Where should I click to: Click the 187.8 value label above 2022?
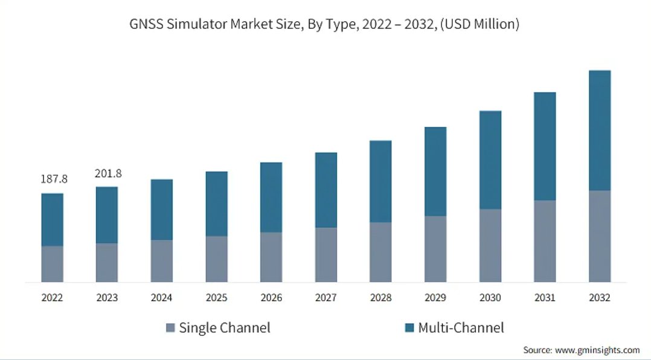54,179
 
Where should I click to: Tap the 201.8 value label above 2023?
108,173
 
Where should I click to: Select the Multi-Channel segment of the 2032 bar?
600,130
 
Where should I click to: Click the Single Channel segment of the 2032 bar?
600,236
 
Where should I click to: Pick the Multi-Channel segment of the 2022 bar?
53,220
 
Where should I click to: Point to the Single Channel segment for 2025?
216,260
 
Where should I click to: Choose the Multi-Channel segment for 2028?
380,181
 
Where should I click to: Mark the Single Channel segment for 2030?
490,246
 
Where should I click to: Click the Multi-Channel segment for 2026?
271,198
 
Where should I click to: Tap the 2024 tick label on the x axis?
161,298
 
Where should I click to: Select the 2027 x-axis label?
326,298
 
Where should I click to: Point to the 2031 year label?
545,298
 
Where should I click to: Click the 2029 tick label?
435,298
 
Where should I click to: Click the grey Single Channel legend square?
170,327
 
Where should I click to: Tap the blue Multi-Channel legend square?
409,327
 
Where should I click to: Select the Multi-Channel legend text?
461,327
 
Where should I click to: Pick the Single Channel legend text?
225,327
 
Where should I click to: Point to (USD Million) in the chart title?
479,24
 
